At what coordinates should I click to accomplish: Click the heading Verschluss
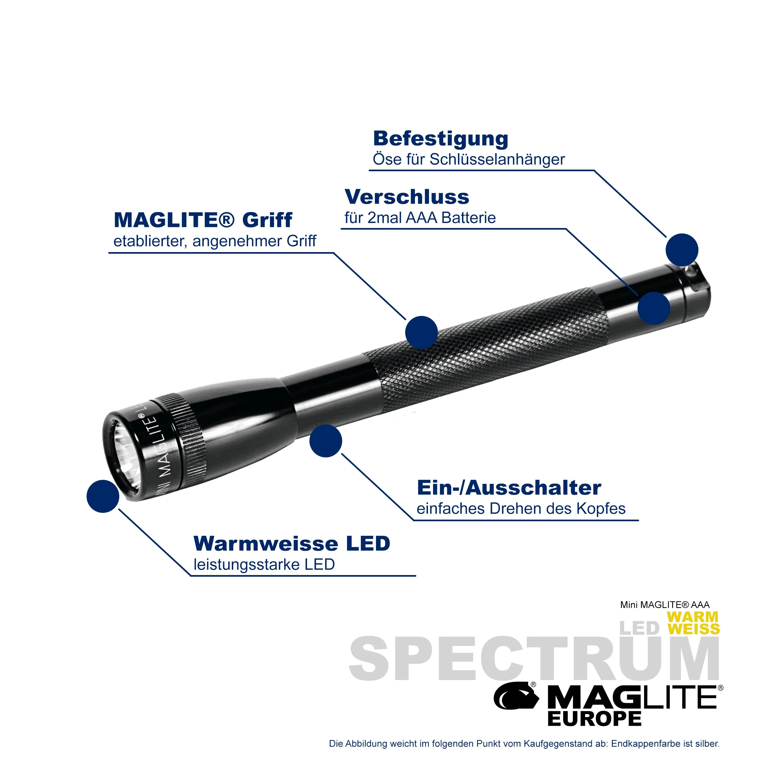407,197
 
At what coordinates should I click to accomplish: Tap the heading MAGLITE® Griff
203,220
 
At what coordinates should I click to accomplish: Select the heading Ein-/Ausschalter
509,488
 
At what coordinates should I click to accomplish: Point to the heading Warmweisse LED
292,544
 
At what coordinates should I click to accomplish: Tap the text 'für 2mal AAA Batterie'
420,218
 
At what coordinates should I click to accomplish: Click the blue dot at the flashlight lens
103,496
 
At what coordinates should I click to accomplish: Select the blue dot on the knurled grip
421,333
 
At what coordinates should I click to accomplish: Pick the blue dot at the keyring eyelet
682,250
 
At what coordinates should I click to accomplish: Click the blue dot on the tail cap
654,308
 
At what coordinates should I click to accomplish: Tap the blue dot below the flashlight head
326,441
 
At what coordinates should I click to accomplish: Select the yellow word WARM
692,617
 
